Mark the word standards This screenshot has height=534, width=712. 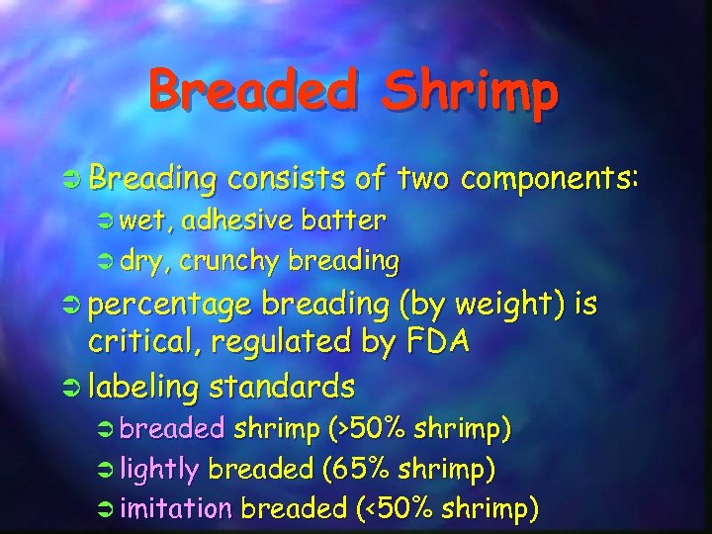[x=288, y=384]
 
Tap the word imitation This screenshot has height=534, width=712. [x=176, y=509]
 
